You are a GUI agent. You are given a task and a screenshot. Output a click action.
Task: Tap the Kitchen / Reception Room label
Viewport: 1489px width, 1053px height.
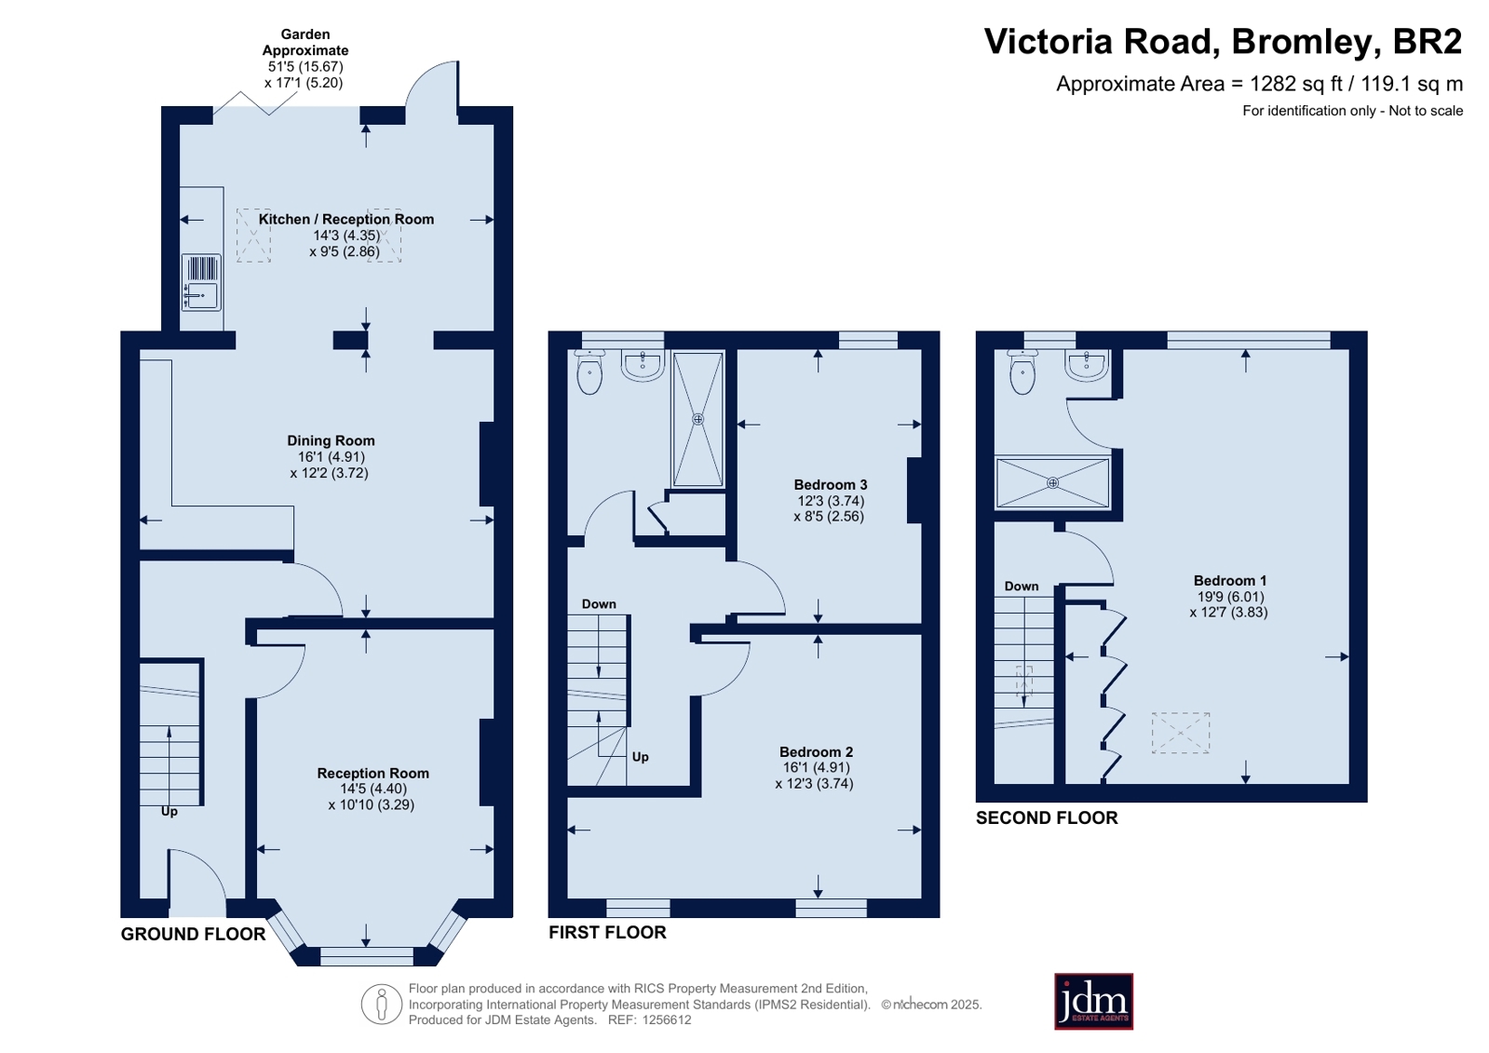(345, 220)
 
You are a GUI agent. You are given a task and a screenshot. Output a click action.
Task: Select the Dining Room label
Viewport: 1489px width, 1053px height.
(331, 440)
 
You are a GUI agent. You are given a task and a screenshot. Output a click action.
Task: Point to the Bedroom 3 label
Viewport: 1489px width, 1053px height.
(831, 485)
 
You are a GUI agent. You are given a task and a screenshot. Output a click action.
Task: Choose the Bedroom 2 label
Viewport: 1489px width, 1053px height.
(816, 752)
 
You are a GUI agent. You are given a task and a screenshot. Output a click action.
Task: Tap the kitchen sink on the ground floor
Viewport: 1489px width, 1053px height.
(201, 282)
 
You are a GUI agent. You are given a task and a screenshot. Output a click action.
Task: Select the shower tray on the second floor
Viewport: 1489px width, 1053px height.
(1052, 482)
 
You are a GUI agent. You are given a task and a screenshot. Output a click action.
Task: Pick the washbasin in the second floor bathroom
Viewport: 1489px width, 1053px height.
(1087, 365)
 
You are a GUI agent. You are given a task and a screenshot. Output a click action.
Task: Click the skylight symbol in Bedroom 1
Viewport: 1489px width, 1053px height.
(1181, 733)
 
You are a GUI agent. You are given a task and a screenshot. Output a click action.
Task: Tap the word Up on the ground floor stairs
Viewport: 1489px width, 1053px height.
(169, 812)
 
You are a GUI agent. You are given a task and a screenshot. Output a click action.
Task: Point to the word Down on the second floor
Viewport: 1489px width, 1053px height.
(1021, 587)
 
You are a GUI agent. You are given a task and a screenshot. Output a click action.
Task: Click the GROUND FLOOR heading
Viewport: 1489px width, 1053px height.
(193, 934)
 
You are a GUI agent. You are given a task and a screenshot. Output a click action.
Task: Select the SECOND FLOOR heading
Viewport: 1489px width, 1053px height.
(1047, 817)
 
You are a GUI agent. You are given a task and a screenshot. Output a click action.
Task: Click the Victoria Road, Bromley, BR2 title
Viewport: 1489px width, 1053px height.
(1223, 41)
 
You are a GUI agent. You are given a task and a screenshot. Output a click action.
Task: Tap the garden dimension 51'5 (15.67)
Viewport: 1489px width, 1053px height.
(305, 66)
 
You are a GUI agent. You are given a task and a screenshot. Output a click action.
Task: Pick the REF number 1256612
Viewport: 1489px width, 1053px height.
(666, 1019)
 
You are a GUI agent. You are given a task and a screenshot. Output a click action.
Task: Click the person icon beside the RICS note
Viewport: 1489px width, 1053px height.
(382, 1004)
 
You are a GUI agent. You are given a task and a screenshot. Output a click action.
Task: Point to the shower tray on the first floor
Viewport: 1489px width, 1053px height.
(697, 420)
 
